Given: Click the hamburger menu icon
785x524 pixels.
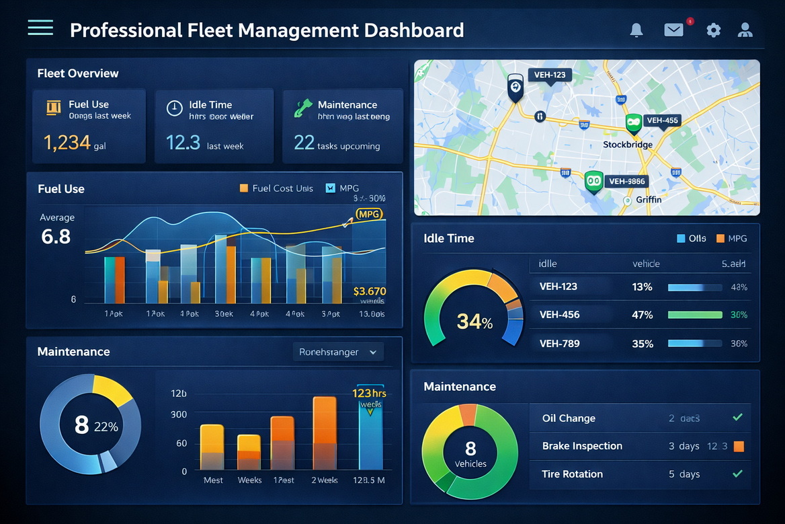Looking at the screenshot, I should pos(40,28).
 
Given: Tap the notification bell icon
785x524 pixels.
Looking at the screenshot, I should pos(636,30).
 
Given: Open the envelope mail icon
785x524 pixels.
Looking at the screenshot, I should pos(673,30).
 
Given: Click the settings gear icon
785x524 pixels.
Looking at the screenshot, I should pos(713,30).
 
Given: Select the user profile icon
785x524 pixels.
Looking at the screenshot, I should pos(745,30).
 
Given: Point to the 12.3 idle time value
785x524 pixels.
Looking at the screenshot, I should pos(183,143).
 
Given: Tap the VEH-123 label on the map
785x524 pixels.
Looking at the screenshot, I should pos(550,75).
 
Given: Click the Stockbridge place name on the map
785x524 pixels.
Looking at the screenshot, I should pos(627,145).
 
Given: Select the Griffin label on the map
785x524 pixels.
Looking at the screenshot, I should pos(649,200).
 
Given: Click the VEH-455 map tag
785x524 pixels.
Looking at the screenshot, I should pos(661,121).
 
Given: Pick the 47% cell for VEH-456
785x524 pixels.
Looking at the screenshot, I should pos(642,315).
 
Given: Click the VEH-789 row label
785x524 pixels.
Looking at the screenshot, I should pos(559,344).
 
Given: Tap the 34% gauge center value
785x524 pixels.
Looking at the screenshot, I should pos(474,322).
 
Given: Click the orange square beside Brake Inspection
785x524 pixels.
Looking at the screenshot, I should pos(739,446).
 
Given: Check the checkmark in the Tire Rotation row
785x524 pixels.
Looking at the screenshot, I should pos(737,474).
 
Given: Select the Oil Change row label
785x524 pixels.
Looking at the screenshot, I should pos(569,418).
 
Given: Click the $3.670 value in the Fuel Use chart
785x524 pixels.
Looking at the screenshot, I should pos(369,291).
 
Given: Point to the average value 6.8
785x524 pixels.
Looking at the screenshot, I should pos(56,236).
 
